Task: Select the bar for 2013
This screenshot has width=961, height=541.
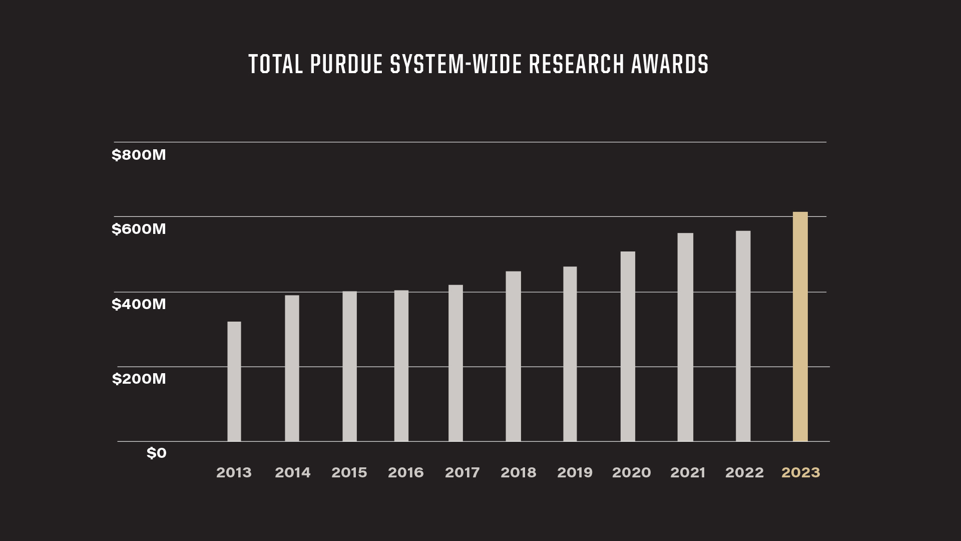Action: pyautogui.click(x=234, y=381)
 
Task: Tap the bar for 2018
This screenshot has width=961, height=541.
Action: pyautogui.click(x=513, y=356)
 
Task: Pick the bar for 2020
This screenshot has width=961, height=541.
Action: pyautogui.click(x=628, y=346)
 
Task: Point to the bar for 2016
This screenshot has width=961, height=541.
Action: pyautogui.click(x=401, y=366)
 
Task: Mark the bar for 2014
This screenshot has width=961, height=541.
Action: pyautogui.click(x=292, y=368)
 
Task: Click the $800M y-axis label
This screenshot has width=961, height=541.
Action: pyautogui.click(x=139, y=155)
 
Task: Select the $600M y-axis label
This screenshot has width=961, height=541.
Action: pyautogui.click(x=139, y=229)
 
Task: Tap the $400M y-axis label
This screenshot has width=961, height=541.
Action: pyautogui.click(x=139, y=304)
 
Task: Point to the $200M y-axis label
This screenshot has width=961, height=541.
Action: pyautogui.click(x=139, y=379)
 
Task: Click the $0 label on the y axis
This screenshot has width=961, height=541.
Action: pyautogui.click(x=156, y=453)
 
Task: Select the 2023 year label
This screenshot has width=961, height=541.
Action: pyautogui.click(x=801, y=472)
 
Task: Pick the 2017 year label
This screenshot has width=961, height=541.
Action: pyautogui.click(x=462, y=472)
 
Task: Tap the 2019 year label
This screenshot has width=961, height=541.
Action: pyautogui.click(x=575, y=472)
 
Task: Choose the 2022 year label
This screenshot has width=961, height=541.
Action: pyautogui.click(x=744, y=472)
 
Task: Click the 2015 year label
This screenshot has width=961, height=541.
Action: pyautogui.click(x=349, y=472)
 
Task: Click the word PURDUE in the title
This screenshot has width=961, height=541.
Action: pyautogui.click(x=346, y=64)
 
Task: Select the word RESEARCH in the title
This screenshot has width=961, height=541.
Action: pyautogui.click(x=577, y=64)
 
